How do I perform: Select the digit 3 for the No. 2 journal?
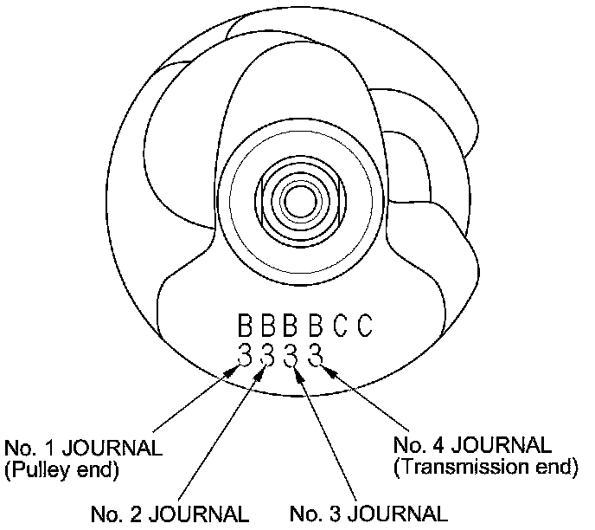[268, 354]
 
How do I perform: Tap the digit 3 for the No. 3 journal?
[291, 354]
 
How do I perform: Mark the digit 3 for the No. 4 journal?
[316, 354]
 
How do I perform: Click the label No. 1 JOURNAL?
[83, 449]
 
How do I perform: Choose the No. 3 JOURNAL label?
[369, 513]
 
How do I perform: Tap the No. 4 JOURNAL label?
[471, 446]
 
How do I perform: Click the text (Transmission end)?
[485, 468]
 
